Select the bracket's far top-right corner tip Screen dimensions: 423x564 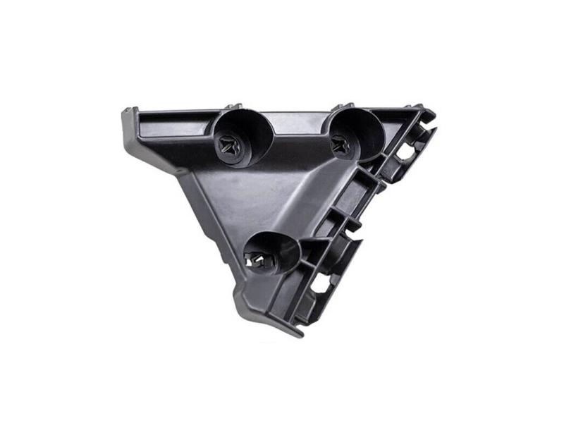coord(431,113)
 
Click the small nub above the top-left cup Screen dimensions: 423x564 coord(233,106)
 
